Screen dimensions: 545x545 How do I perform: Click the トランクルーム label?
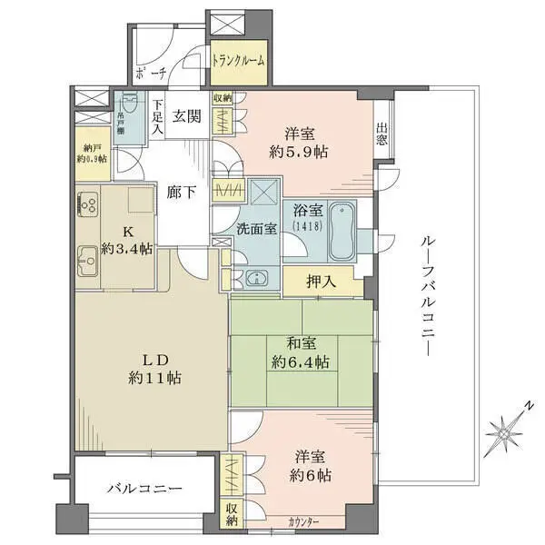point(239,61)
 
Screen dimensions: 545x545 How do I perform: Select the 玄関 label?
point(186,114)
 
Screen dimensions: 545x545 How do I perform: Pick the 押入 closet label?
point(322,282)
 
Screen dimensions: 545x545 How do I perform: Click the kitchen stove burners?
point(88,205)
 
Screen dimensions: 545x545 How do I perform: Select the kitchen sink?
point(88,263)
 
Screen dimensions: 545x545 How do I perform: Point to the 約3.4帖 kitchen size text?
point(127,249)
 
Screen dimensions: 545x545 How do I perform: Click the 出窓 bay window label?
point(381,134)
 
